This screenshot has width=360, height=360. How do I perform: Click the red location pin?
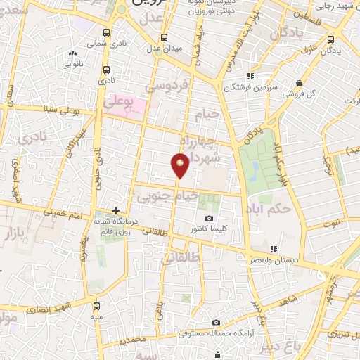(180, 165)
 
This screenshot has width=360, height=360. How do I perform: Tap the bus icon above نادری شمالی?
(106, 32)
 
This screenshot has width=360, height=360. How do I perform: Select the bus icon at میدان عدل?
(164, 37)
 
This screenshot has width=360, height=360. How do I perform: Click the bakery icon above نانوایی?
(72, 53)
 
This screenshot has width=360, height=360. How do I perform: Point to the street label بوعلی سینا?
(58, 109)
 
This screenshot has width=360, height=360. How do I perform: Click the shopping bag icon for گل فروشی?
(300, 83)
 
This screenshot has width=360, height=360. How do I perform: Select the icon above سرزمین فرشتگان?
(249, 77)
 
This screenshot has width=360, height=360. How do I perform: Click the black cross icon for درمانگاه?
(116, 210)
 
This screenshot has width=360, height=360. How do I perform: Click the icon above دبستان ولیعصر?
(274, 249)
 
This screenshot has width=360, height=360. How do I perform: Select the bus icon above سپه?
(96, 307)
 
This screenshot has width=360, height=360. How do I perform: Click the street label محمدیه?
(134, 340)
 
